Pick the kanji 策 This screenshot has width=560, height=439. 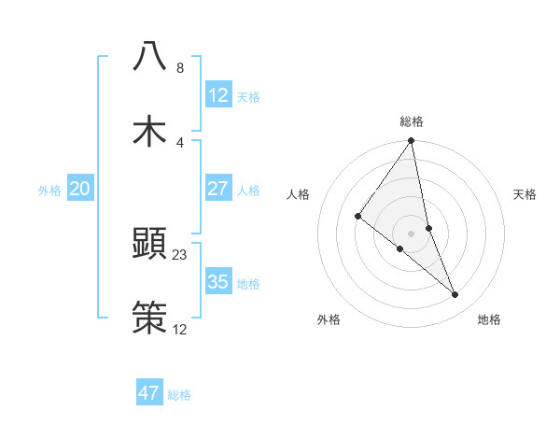149,317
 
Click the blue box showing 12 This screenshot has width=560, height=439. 217,95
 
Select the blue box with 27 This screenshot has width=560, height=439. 217,189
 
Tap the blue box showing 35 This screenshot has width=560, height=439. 217,282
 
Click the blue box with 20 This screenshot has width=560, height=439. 80,189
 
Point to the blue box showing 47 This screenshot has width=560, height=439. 149,393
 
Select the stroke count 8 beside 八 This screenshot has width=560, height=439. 180,68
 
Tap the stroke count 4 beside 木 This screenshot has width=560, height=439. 180,142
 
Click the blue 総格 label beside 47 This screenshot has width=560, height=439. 179,395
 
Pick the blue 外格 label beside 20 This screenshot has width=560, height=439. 49,191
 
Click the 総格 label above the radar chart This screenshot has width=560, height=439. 412,121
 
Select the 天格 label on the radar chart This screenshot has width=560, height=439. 525,194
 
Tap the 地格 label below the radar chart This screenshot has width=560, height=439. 489,319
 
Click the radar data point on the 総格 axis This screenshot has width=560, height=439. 412,141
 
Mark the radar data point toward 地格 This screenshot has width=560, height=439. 455,294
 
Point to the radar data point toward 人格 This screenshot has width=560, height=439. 357,216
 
